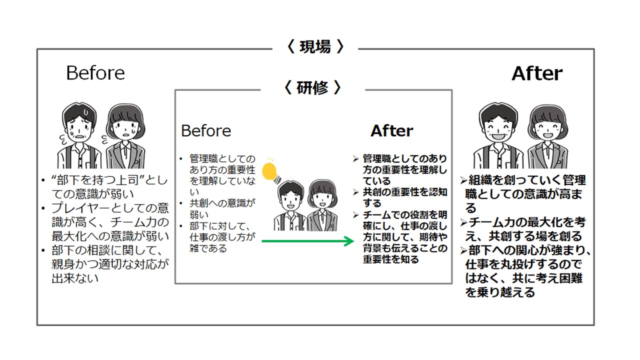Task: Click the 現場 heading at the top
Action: pyautogui.click(x=315, y=47)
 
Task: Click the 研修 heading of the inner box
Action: pyautogui.click(x=313, y=88)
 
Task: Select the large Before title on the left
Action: pyautogui.click(x=95, y=73)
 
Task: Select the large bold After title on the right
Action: pyautogui.click(x=537, y=73)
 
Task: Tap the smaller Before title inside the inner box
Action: pyautogui.click(x=206, y=131)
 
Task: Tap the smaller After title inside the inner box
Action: pyautogui.click(x=392, y=131)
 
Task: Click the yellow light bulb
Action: pyautogui.click(x=270, y=170)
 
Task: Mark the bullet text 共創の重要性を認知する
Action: pyautogui.click(x=405, y=197)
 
